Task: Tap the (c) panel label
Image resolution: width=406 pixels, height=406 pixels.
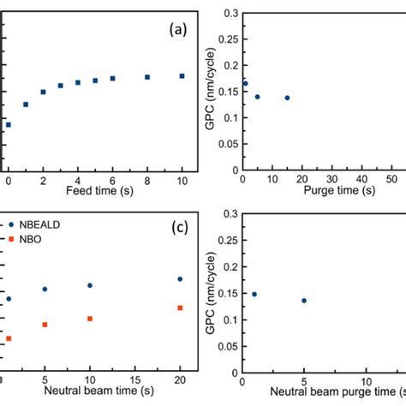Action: [x=177, y=228]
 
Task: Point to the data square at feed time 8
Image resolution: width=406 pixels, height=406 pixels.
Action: [x=147, y=77]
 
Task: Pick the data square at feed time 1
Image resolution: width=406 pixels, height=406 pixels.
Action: [x=26, y=104]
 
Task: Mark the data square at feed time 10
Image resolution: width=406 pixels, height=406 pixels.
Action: [x=182, y=76]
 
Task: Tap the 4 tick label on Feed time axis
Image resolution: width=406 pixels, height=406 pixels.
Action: [x=78, y=181]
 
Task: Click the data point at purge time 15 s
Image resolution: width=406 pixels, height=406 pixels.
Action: [x=287, y=98]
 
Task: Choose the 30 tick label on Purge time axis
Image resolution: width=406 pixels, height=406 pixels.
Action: [x=340, y=181]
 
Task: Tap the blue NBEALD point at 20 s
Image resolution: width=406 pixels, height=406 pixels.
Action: [x=180, y=278]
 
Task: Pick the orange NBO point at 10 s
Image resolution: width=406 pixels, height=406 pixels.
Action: [x=90, y=319]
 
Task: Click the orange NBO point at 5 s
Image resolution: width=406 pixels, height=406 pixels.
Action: [x=45, y=325]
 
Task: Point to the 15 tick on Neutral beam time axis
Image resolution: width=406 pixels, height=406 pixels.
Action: [x=134, y=379]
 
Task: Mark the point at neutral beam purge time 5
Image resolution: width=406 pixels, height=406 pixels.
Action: [x=304, y=301]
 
